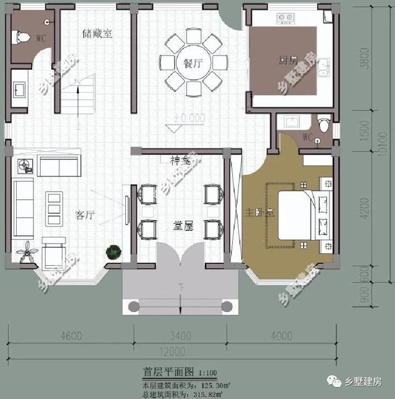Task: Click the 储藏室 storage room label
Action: pyautogui.click(x=98, y=34)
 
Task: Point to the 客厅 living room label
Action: pyautogui.click(x=85, y=215)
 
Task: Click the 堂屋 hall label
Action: pyautogui.click(x=183, y=226)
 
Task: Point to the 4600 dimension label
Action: pyautogui.click(x=71, y=336)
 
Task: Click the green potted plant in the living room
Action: pyautogui.click(x=114, y=252)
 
